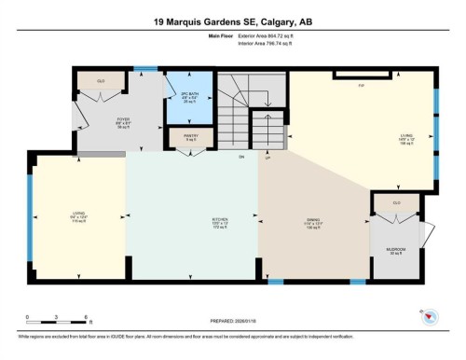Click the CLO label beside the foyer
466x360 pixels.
101,81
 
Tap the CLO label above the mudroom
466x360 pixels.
396,202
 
